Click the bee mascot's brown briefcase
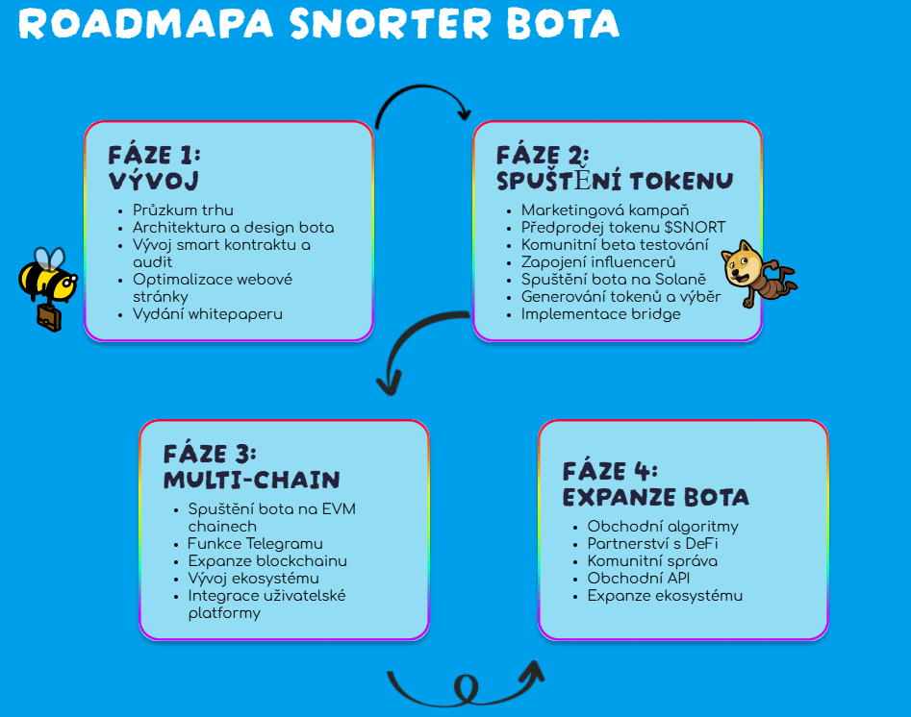pyautogui.click(x=49, y=317)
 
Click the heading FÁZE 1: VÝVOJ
pyautogui.click(x=155, y=168)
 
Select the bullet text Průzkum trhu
pyautogui.click(x=183, y=210)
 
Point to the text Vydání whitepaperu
pyautogui.click(x=208, y=314)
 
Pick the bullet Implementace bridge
pyautogui.click(x=600, y=314)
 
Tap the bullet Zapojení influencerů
pyautogui.click(x=598, y=261)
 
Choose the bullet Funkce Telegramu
pyautogui.click(x=255, y=544)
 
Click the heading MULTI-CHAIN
pyautogui.click(x=252, y=481)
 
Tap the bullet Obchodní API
pyautogui.click(x=639, y=579)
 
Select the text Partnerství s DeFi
pyautogui.click(x=652, y=543)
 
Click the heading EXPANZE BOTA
pyautogui.click(x=656, y=498)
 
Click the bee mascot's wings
pyautogui.click(x=49, y=260)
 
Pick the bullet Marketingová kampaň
pyautogui.click(x=605, y=210)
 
